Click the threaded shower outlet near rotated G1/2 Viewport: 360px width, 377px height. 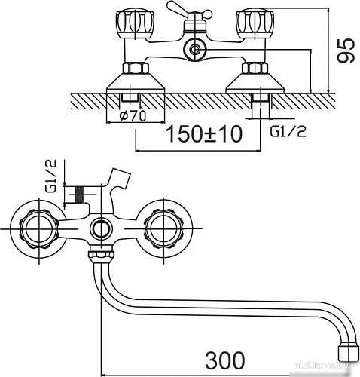pos(76,195)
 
